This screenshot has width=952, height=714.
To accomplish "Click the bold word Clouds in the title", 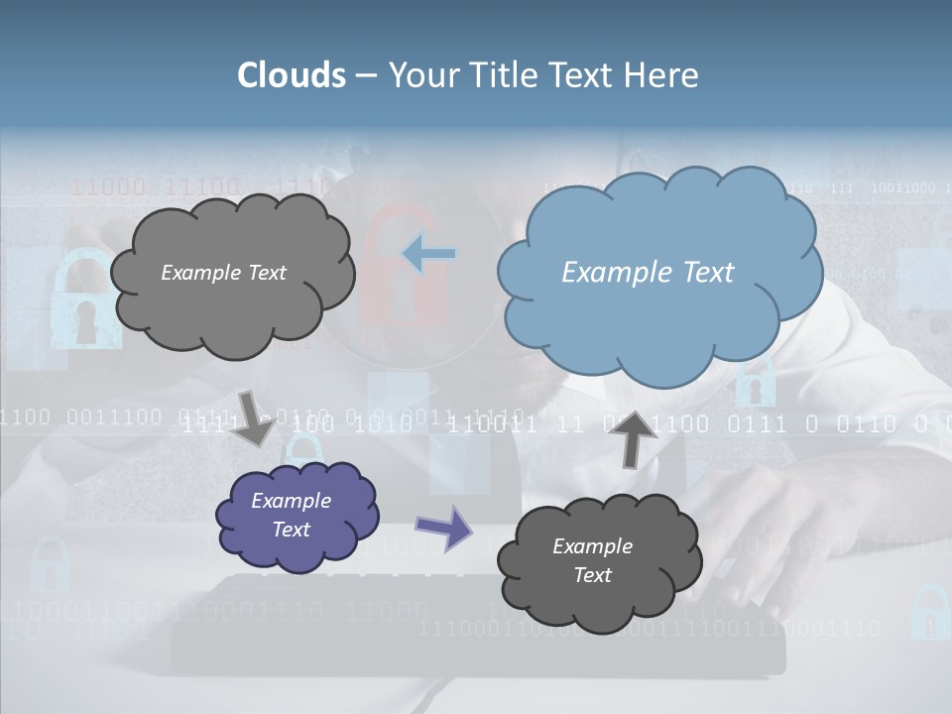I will pyautogui.click(x=292, y=75).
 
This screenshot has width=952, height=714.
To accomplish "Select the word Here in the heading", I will pyautogui.click(x=663, y=75).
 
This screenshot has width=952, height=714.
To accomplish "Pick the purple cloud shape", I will pyautogui.click(x=297, y=516).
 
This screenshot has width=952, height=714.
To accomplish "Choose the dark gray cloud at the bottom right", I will pyautogui.click(x=598, y=562).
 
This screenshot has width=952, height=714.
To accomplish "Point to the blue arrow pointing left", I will pyautogui.click(x=429, y=254).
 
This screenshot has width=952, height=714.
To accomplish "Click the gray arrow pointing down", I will pyautogui.click(x=254, y=418).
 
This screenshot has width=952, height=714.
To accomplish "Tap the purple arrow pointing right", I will pyautogui.click(x=443, y=527).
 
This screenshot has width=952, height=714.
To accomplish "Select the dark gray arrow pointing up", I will pyautogui.click(x=637, y=438).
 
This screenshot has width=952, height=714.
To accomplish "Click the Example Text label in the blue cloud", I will pyautogui.click(x=648, y=273).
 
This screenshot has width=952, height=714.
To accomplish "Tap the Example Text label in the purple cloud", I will pyautogui.click(x=292, y=515).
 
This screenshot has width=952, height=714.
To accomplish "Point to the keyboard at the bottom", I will pyautogui.click(x=476, y=620).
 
